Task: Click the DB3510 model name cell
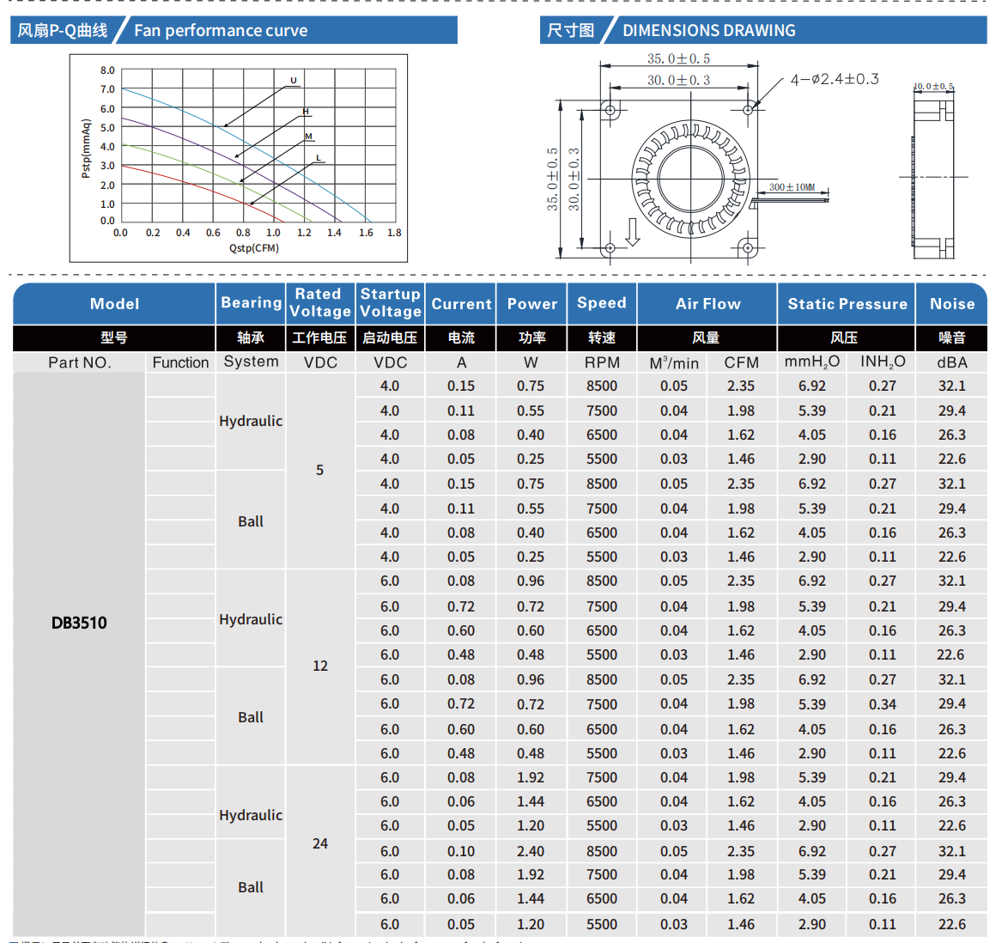[x=79, y=623]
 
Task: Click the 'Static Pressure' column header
[x=847, y=304]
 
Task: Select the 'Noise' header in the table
[x=952, y=304]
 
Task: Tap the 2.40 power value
[x=531, y=851]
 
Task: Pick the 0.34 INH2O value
[x=882, y=704]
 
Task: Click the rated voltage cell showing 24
[x=320, y=843]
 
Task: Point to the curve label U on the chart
[x=294, y=81]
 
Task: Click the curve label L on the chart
[x=318, y=158]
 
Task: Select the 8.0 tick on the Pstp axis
[x=107, y=70]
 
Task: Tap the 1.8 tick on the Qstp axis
[x=394, y=233]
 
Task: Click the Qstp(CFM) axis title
[x=254, y=248]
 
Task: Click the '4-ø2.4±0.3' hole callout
[x=834, y=80]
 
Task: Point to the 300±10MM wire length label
[x=792, y=186]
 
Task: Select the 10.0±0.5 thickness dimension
[x=932, y=87]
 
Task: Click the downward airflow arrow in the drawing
[x=633, y=232]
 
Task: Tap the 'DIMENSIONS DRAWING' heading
[x=708, y=31]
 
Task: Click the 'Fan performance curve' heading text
[x=221, y=31]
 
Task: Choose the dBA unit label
[x=952, y=362]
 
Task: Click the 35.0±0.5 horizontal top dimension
[x=678, y=58]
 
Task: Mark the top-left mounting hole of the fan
[x=610, y=110]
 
